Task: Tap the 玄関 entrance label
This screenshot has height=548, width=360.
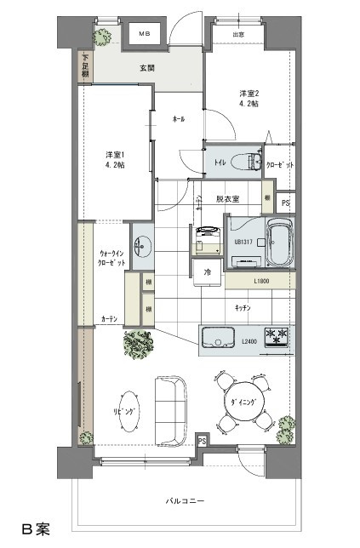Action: [x=147, y=69]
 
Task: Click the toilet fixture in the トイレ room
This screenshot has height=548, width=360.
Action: [x=249, y=161]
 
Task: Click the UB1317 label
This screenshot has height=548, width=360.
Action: [x=244, y=242]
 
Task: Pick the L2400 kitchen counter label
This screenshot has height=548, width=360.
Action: [x=249, y=342]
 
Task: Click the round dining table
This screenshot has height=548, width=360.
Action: [x=243, y=400]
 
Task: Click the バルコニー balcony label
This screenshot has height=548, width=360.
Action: [x=185, y=501]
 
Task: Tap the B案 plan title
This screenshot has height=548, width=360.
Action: [x=36, y=529]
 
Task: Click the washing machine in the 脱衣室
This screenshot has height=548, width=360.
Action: [x=207, y=239]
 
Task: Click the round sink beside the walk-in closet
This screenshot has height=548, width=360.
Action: [x=142, y=247]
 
